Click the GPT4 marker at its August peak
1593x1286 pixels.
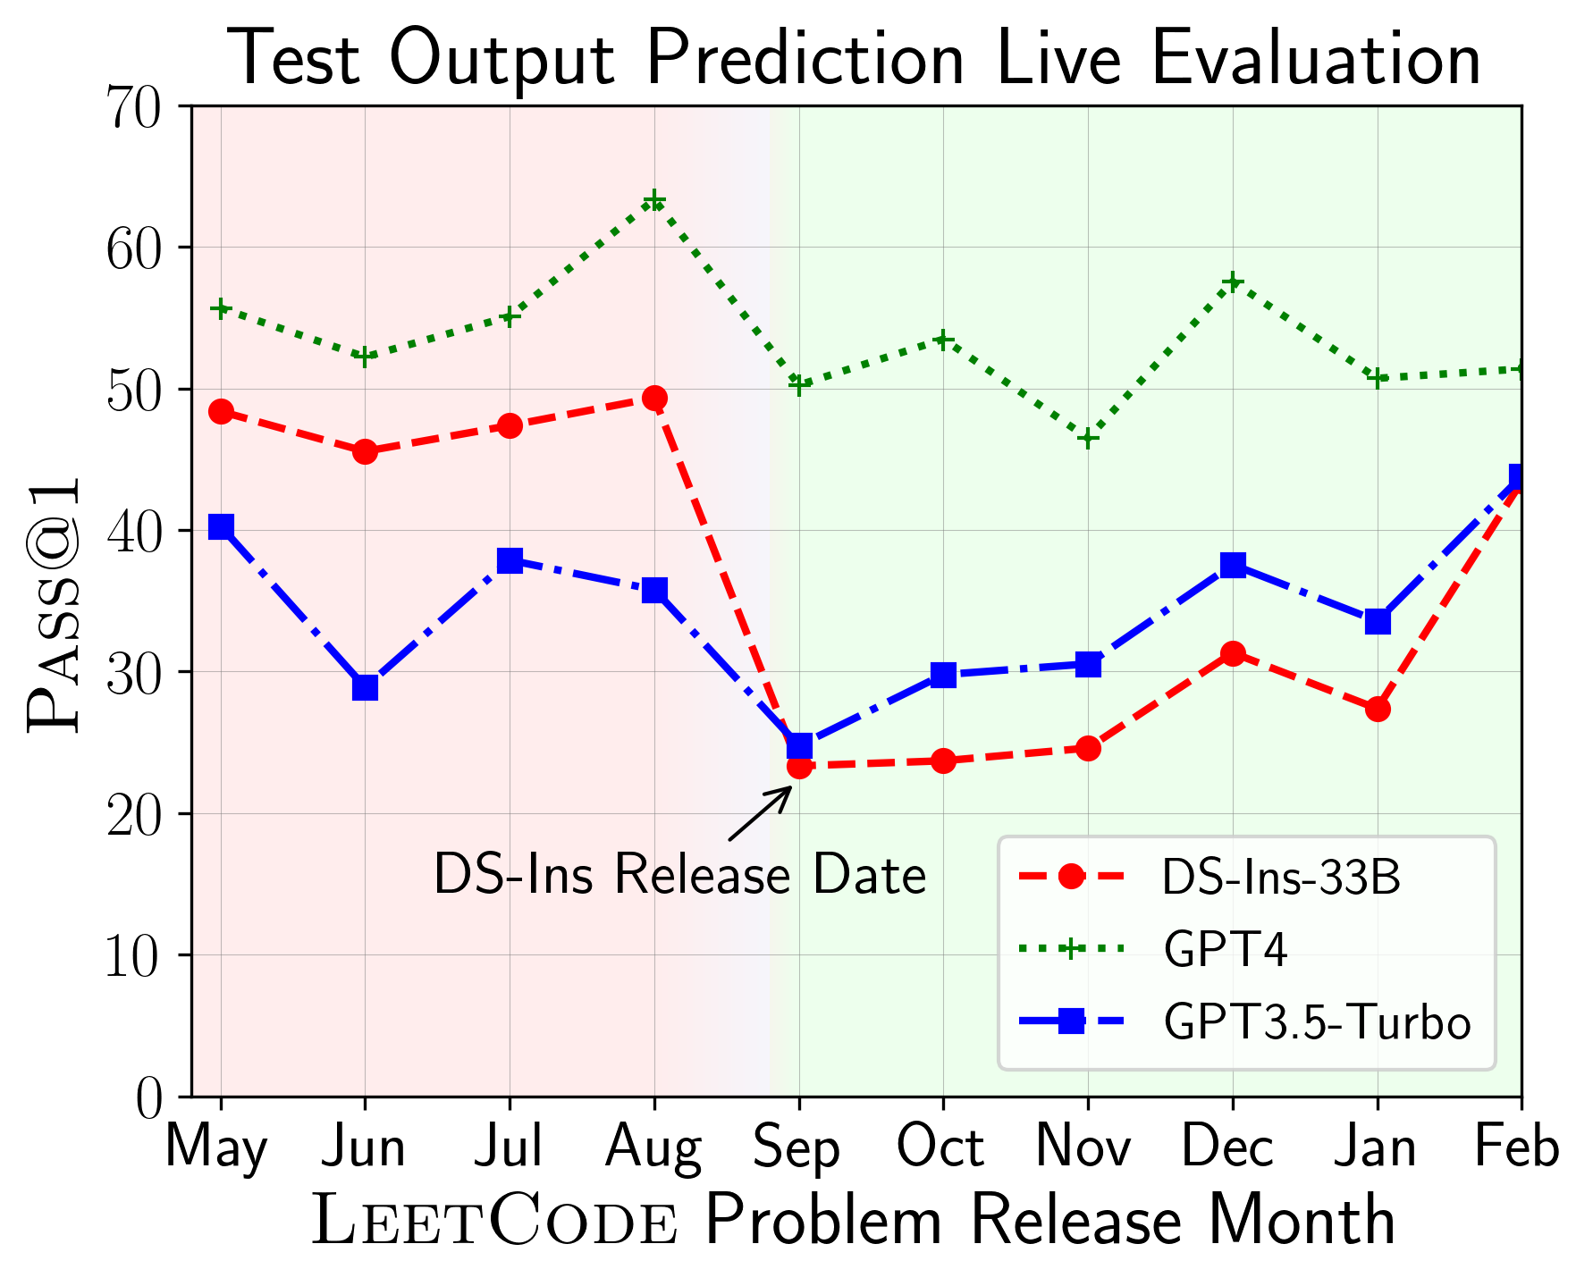(654, 200)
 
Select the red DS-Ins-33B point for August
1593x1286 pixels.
(654, 399)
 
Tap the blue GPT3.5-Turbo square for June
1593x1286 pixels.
(365, 687)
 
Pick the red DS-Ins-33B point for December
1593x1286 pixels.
(1233, 654)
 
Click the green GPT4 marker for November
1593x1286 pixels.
(1088, 438)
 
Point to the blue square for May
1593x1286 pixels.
(221, 526)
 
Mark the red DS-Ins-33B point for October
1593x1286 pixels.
(943, 761)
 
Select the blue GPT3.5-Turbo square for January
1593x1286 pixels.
(1378, 621)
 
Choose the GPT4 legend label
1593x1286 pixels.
(1225, 950)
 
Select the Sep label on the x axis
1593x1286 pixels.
(797, 1148)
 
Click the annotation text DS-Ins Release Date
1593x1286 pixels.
(679, 874)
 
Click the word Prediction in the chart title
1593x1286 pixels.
(805, 59)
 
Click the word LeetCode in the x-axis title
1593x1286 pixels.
(494, 1223)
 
